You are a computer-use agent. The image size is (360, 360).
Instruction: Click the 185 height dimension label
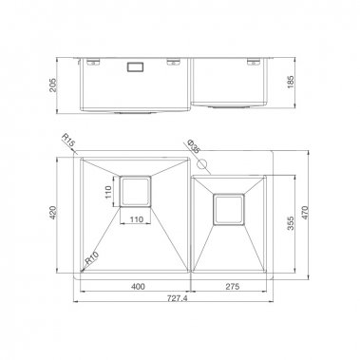(301, 84)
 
